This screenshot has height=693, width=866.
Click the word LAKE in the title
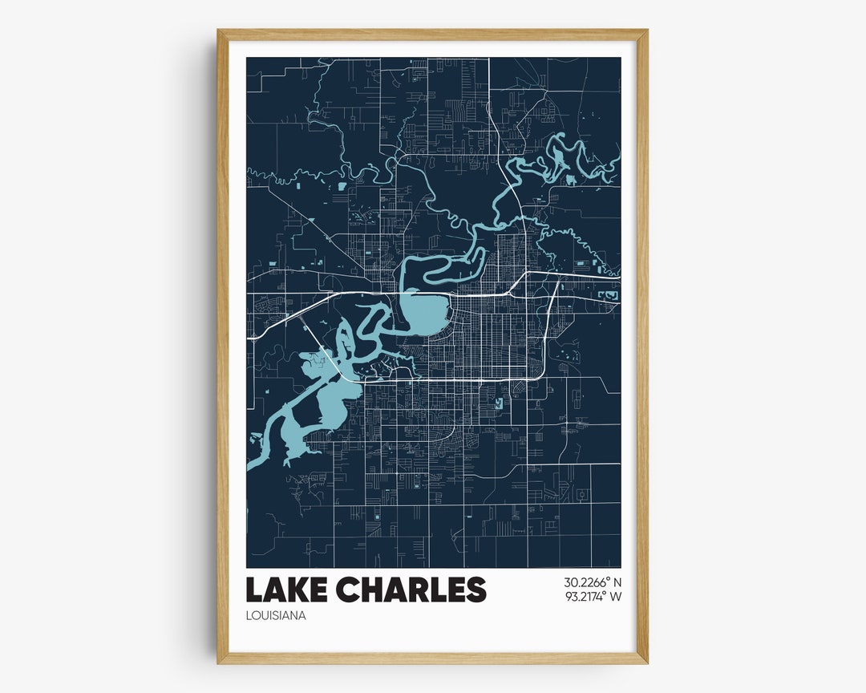point(287,590)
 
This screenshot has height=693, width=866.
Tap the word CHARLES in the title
point(411,590)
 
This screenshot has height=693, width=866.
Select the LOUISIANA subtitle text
point(276,616)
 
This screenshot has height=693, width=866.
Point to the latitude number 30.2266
point(585,582)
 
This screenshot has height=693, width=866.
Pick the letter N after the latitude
point(617,582)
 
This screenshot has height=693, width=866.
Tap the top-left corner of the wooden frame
point(219,32)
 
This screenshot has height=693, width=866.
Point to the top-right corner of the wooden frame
point(645,32)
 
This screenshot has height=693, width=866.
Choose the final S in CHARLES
point(476,590)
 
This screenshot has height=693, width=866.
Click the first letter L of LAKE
point(253,590)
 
